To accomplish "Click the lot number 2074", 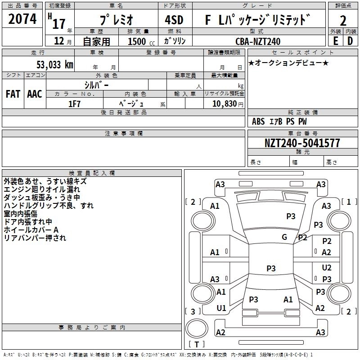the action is pos(22,19).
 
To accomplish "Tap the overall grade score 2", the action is pos(343,21).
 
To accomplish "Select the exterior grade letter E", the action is pos(336,41).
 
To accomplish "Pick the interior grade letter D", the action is pos(350,41).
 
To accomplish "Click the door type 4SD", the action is pos(174,20).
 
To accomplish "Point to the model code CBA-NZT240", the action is pos(258,41).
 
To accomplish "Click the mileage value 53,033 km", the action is pos(55,64).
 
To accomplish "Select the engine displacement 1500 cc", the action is pos(141,41).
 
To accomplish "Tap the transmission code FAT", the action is pos(13,94).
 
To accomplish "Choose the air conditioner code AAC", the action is pos(35,94).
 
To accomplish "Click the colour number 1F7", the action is pos(74,104).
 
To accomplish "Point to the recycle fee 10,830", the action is pos(225,104).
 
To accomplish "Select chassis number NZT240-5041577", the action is pos(302,143).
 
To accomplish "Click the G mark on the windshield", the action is pos(284,237).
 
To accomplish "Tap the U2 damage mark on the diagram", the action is pos(327,268).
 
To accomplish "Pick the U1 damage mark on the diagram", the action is pos(221,308).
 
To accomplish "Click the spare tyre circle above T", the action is pos(197,328).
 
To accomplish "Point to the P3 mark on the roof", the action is pos(271,268).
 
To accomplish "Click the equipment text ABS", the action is pos(258,121).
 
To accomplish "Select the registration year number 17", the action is pos(59,24).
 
